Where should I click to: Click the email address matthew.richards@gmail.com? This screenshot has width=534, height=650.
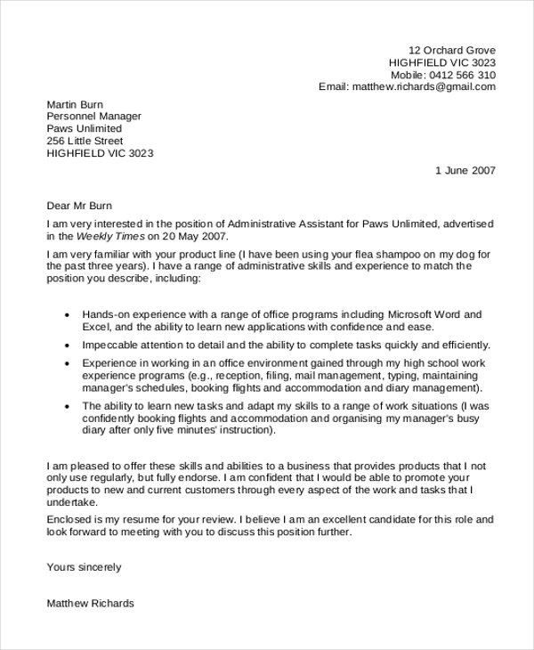point(424,87)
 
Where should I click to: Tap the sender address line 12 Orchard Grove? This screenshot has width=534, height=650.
point(452,50)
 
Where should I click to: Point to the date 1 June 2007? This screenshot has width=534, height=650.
point(465,170)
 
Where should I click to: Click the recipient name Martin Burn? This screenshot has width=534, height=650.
point(75,104)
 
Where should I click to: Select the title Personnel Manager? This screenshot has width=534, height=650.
point(93,117)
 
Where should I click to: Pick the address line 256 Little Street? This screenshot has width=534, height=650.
point(85,141)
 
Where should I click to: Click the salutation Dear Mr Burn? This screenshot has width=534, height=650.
point(80,205)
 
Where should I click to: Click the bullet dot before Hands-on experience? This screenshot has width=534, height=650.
point(68,315)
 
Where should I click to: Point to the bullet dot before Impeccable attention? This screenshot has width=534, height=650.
point(68,345)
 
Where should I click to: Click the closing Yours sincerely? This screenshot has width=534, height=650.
point(84,566)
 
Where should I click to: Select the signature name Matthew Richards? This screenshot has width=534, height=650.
point(90,603)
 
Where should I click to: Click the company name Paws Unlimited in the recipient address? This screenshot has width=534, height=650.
point(85,128)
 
